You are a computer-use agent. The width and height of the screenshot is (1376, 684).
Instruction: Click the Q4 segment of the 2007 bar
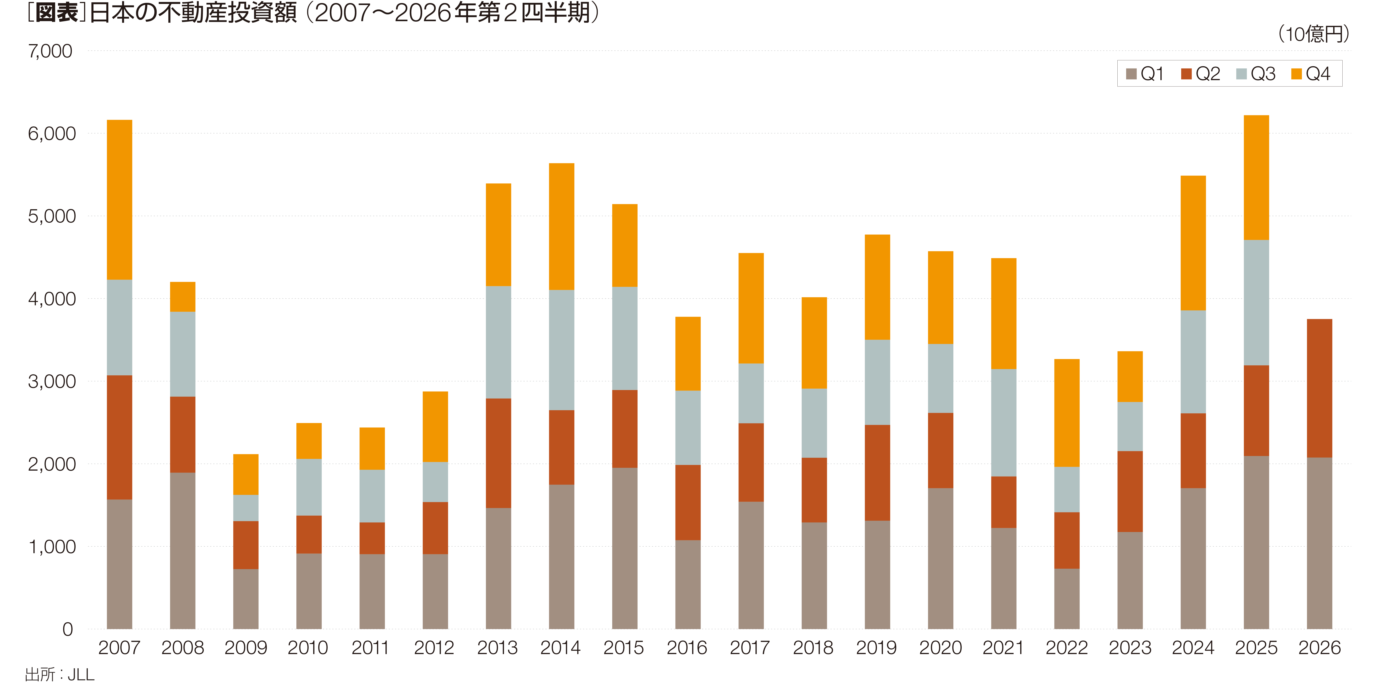coord(120,200)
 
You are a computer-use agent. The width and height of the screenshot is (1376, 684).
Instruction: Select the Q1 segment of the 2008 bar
coord(183,551)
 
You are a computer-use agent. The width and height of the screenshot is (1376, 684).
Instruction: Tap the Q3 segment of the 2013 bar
coord(498,342)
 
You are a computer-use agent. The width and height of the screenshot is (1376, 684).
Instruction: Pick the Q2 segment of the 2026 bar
coord(1319,388)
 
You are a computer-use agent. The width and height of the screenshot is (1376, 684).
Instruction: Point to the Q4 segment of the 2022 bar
coord(1067,413)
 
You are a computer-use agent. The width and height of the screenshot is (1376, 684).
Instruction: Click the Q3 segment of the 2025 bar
coord(1256,303)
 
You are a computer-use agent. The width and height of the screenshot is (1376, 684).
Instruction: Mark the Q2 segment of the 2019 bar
coord(878,473)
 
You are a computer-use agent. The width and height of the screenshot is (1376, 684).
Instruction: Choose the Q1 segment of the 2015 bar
coord(625,548)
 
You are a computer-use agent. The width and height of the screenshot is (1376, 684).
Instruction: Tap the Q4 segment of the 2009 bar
coord(246,475)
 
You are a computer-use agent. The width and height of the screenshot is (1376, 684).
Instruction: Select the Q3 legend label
coord(1263,74)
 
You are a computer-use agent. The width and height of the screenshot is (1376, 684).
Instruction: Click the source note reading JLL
coord(81,674)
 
